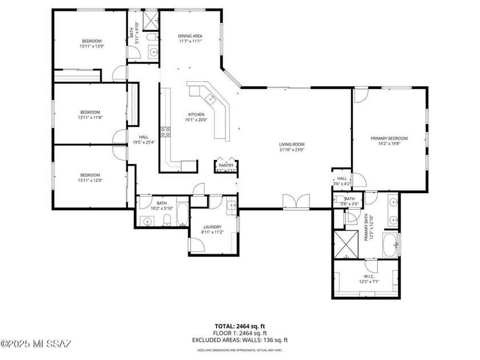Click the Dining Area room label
(x=190, y=36)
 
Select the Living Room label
(x=291, y=145)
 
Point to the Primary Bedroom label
(x=389, y=138)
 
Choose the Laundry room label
(x=212, y=227)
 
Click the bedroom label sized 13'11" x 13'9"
(x=91, y=41)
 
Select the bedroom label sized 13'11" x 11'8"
(x=90, y=112)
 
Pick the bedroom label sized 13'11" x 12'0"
(x=90, y=175)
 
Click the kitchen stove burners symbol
(x=166, y=132)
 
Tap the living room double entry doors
(x=297, y=201)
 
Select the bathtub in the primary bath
(x=390, y=244)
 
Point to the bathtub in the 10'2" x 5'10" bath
(x=181, y=215)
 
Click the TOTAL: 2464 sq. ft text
(x=239, y=326)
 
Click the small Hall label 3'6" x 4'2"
(x=342, y=181)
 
